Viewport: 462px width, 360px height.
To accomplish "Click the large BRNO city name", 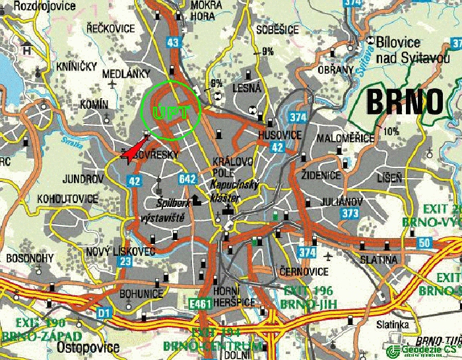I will [x=404, y=103].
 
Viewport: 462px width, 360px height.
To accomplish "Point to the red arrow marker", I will [x=136, y=149].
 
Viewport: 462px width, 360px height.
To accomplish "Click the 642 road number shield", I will [x=187, y=179].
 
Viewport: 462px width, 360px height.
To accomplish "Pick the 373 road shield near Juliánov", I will [x=350, y=214].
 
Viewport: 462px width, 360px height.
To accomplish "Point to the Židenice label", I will [x=321, y=175].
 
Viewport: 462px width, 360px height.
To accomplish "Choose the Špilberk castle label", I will [x=173, y=203].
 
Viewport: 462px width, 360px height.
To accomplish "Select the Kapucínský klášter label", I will [x=232, y=191].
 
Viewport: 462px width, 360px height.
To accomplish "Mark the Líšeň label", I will [x=389, y=178].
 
